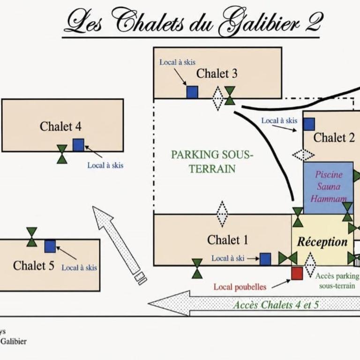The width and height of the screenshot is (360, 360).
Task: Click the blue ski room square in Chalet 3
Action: (192, 92)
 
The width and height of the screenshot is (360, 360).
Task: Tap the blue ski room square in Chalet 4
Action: (78, 145)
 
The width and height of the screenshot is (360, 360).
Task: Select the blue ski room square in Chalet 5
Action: (50, 246)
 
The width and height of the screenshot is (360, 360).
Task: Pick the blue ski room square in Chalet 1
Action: (265, 259)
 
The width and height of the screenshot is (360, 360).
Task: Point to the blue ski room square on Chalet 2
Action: (309, 124)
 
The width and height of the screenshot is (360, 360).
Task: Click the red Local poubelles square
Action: (297, 273)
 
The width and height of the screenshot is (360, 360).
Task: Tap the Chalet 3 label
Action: (217, 74)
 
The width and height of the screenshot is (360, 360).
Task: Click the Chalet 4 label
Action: (60, 126)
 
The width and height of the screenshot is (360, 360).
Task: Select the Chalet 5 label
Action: (34, 266)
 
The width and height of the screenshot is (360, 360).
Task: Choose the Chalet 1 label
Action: (227, 240)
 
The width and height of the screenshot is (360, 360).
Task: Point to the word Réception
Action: (322, 242)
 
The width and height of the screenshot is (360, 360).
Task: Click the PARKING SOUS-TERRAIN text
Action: (212, 162)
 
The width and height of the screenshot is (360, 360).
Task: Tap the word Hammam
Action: (329, 198)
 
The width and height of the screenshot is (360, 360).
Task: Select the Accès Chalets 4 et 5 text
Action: (276, 305)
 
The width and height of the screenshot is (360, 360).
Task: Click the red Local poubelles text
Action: (240, 287)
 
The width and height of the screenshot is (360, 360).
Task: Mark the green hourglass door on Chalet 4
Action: (62, 154)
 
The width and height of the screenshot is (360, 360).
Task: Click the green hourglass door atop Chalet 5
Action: (32, 237)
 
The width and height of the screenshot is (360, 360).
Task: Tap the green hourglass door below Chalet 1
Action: (197, 269)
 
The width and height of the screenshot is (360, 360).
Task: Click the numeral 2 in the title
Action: (314, 22)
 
